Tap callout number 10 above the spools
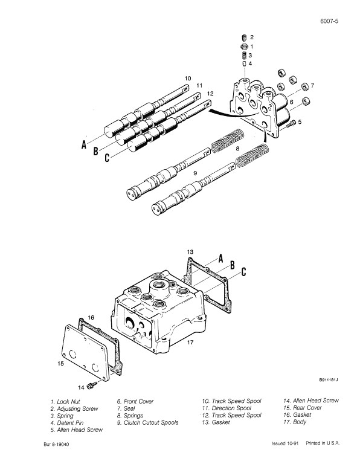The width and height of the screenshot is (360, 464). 188,78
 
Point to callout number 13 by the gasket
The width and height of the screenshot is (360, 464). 190,251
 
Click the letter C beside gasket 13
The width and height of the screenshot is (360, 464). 243,272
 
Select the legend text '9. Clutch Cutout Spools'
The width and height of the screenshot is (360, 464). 147,423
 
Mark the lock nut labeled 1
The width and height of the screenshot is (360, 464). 244,46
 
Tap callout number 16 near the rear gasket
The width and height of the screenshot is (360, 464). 90,317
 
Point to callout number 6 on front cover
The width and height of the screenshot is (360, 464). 291,103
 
